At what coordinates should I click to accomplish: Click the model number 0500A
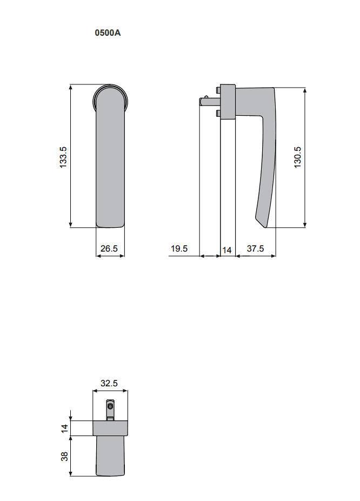tap(108, 33)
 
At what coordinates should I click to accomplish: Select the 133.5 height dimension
tap(63, 156)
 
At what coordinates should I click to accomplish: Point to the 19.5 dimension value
tap(179, 249)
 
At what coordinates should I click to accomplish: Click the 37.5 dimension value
tap(255, 249)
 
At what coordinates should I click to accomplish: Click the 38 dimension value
tap(64, 456)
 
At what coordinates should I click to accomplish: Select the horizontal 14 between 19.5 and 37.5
tap(227, 249)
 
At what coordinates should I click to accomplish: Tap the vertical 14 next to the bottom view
tap(64, 428)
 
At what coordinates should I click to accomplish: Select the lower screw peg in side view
tap(217, 113)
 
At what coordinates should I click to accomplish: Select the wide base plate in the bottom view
tap(110, 428)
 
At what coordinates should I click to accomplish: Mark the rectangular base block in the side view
tap(228, 101)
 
